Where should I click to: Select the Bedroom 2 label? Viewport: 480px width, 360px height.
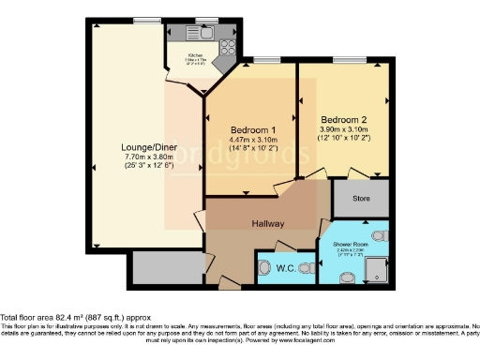(x=344, y=120)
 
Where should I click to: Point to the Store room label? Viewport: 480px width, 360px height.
(x=361, y=198)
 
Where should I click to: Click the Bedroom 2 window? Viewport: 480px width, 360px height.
(x=346, y=61)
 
